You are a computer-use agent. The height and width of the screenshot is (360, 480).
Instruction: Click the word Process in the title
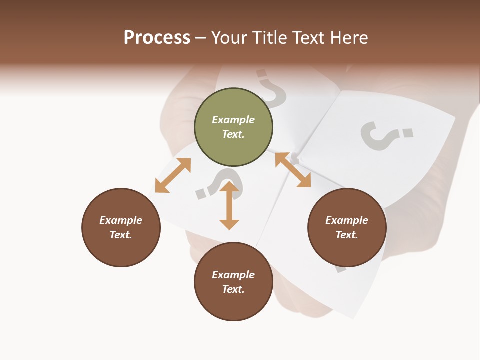tap(157, 38)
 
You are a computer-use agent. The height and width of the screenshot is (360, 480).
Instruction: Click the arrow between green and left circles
tap(173, 175)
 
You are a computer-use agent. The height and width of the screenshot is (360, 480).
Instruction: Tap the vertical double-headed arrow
tap(229, 205)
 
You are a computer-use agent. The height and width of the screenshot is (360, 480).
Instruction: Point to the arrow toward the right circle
tap(293, 170)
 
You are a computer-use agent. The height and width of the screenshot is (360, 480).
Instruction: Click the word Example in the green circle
tap(233, 120)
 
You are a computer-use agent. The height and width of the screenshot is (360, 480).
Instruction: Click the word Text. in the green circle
tap(233, 134)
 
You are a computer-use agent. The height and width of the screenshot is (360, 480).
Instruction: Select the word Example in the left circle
tap(121, 220)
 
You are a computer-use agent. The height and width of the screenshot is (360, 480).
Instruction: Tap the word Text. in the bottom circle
tap(233, 289)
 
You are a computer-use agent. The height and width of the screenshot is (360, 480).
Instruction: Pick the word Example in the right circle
tap(347, 220)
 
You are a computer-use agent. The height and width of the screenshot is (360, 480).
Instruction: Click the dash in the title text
tap(201, 38)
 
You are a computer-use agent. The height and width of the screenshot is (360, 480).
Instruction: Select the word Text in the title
tap(310, 38)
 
